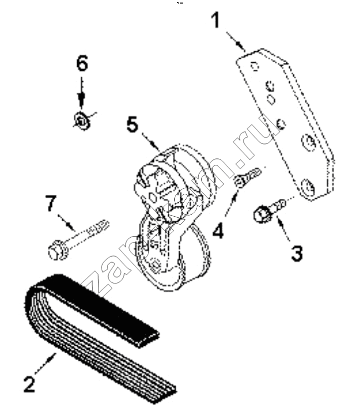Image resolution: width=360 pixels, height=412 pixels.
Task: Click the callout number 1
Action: pos(216,20)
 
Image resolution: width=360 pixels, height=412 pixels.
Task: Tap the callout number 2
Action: pos(29,385)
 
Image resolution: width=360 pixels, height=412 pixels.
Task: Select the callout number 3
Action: pos(297,254)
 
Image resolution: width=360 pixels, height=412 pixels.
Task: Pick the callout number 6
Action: pos(82,63)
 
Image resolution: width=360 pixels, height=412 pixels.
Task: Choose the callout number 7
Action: pos(51,203)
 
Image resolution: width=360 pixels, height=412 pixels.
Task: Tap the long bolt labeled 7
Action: pos(78,240)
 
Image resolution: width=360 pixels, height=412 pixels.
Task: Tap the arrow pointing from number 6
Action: pos(81,93)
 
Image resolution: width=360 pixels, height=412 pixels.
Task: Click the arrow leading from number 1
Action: pos(236,42)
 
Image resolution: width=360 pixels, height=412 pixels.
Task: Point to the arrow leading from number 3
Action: pos(283,230)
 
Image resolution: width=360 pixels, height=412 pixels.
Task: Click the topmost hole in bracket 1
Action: pos(253,66)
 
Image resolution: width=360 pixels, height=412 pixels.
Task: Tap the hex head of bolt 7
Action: pos(56,253)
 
